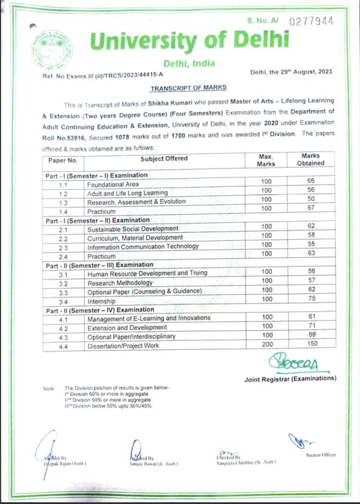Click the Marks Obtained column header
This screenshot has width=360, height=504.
(x=311, y=159)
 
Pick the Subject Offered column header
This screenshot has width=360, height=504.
(x=164, y=158)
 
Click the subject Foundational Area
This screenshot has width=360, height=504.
(x=113, y=184)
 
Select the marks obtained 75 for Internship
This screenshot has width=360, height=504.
(x=311, y=300)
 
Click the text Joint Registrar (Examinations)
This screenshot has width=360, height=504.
(x=290, y=378)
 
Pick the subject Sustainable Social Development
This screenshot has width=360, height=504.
(x=133, y=228)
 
